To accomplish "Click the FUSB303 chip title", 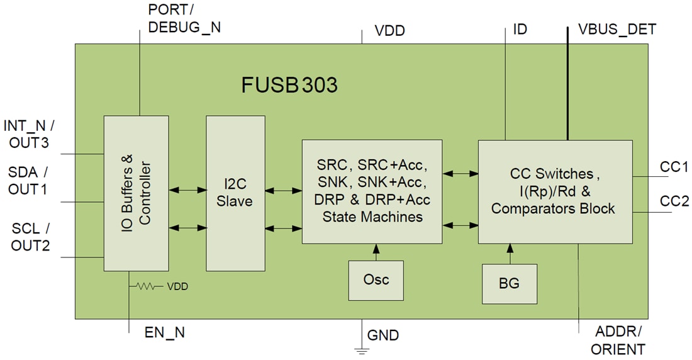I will (x=289, y=85).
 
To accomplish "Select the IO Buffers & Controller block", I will (x=135, y=194).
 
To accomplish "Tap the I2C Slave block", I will (x=235, y=194).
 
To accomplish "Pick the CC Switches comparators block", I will (x=555, y=191).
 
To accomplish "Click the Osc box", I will (x=376, y=279).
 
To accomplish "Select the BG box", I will (x=509, y=283).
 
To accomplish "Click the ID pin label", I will (x=520, y=30).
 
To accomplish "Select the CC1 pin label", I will (x=674, y=167).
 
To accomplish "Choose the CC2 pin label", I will (x=674, y=201).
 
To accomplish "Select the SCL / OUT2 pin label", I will (x=30, y=237).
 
